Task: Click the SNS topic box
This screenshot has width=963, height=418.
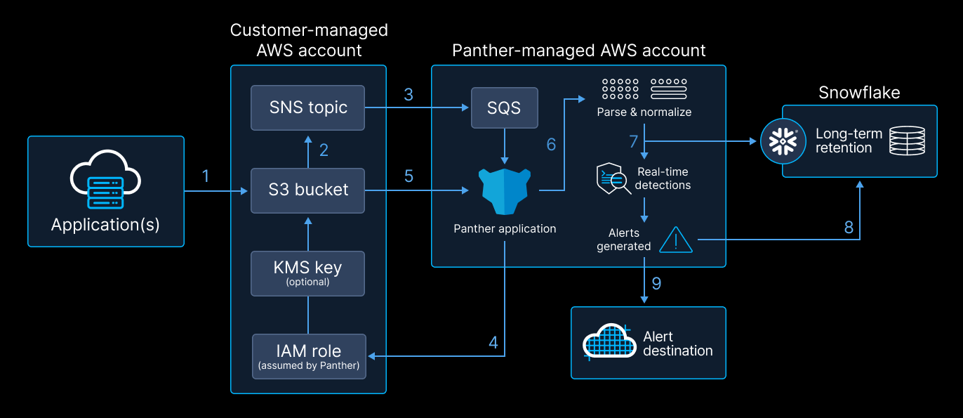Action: pos(308,107)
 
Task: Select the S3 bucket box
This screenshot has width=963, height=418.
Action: pos(308,190)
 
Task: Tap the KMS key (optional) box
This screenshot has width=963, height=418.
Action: pos(308,273)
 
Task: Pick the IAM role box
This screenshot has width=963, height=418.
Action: pos(309,356)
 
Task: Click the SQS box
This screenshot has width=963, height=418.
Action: pos(504,107)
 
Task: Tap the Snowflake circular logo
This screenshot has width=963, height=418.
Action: pos(783,141)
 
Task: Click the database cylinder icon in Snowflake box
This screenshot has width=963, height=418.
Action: pos(907,141)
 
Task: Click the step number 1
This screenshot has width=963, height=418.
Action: pos(206,176)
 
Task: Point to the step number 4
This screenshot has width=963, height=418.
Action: pos(493,343)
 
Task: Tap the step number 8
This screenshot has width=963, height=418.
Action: pos(849,227)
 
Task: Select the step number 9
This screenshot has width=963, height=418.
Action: pos(656,283)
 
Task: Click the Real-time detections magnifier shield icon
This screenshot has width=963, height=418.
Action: pos(611,179)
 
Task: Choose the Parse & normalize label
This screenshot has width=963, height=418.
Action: pos(644,112)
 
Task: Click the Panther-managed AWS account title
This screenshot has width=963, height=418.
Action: pos(578,51)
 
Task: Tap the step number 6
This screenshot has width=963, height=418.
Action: pos(551,144)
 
